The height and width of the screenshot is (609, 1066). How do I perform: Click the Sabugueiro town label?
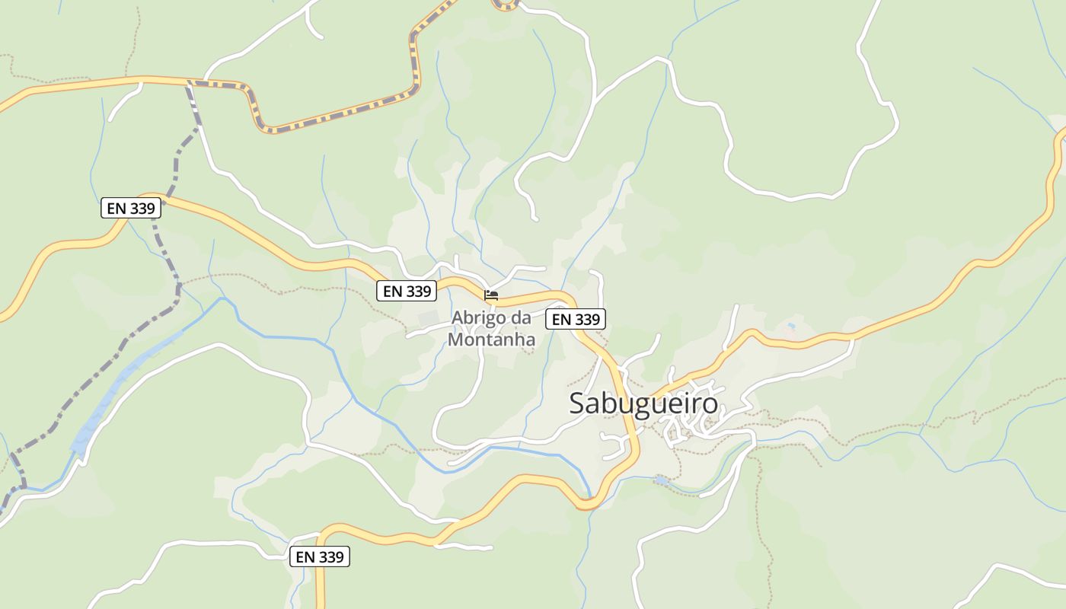point(643,403)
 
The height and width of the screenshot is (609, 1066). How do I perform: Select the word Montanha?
point(491,340)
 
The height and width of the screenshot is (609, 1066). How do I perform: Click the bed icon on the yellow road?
point(491,295)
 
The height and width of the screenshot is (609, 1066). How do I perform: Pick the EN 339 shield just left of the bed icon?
point(407,291)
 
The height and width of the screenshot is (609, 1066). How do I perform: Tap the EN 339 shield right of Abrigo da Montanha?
point(576,319)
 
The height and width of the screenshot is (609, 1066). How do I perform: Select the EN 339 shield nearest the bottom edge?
point(320,557)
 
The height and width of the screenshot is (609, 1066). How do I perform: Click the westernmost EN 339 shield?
point(130,208)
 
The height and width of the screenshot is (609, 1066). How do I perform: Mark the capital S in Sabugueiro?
point(578,403)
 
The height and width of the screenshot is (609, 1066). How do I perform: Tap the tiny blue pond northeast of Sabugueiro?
point(792,326)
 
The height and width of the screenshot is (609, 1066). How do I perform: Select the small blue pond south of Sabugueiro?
point(662,481)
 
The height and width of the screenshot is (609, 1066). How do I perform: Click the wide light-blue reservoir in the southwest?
point(122,388)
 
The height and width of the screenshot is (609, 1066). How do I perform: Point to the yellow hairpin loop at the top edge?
point(505,6)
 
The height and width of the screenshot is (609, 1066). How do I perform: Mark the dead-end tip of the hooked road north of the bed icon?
point(535,219)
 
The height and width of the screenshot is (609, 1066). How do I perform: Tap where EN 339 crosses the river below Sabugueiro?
point(589,502)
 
